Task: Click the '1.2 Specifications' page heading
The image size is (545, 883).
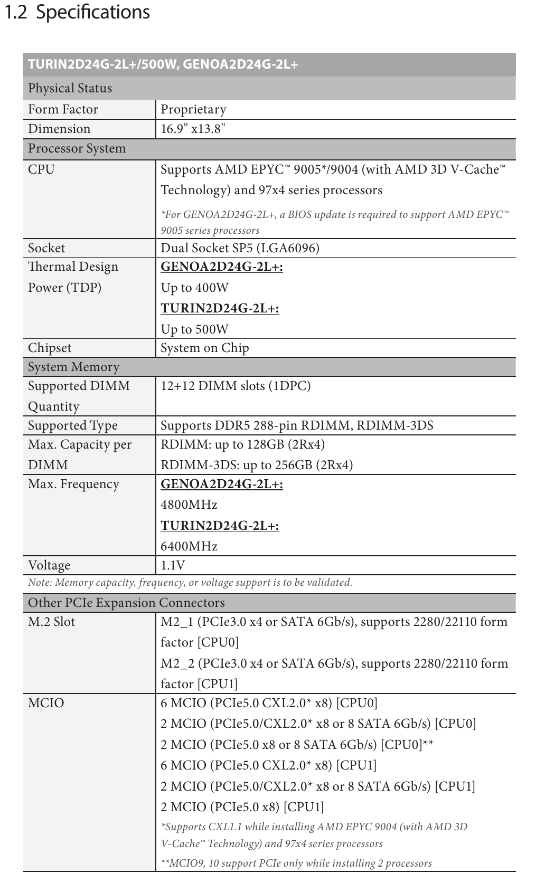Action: pos(77,12)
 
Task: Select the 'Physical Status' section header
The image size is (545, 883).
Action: pos(70,88)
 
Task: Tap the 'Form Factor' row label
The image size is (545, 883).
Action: pos(63,109)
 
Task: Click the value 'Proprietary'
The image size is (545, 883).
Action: pos(193,109)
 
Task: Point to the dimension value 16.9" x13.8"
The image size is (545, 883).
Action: pos(193,129)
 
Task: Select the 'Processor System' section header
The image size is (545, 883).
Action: pos(77,148)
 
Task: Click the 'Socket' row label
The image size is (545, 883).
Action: pos(46,248)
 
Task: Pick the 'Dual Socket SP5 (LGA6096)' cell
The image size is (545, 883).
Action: pos(240,248)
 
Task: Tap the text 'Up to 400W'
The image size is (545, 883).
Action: pos(194,288)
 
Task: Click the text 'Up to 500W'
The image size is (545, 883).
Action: pos(194,329)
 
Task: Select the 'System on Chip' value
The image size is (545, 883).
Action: pos(204,348)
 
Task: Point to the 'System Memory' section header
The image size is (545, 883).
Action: pos(73,367)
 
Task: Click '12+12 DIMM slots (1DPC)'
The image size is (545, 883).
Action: pos(236,386)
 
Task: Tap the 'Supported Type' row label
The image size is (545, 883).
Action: pos(73,425)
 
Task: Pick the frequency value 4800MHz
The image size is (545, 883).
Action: pos(189,505)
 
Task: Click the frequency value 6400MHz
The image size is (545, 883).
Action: pos(189,546)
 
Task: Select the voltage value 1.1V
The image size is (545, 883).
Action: pos(173,565)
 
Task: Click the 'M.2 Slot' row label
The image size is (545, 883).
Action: pos(51,622)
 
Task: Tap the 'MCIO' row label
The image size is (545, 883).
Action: pos(46,703)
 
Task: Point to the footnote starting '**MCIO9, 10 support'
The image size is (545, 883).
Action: pos(296,863)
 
